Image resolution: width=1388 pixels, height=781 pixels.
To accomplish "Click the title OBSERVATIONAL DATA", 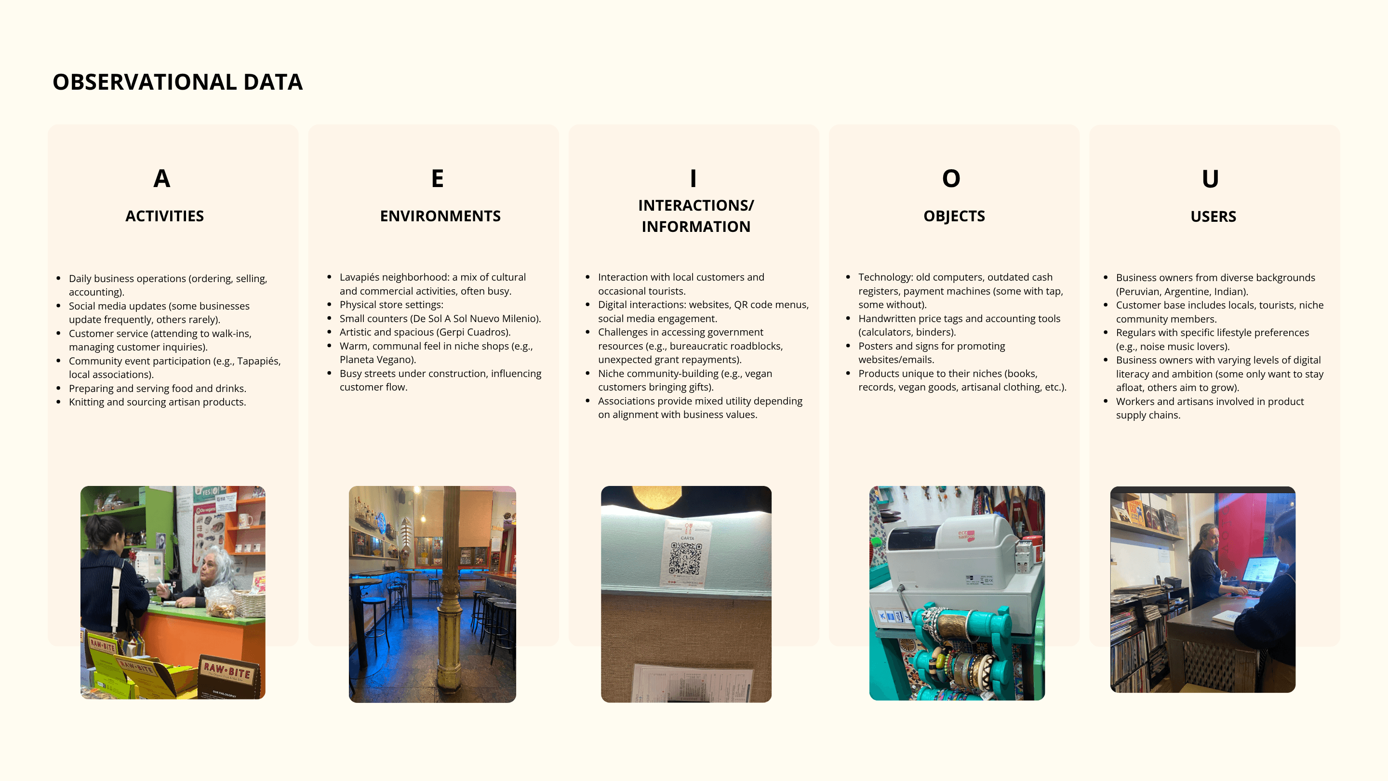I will coord(177,82).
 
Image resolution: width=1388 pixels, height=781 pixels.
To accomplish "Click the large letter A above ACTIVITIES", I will coord(161,178).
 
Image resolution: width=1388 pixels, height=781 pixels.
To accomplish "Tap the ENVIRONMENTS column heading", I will coord(440,216).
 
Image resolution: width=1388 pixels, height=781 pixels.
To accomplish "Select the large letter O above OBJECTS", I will coord(951,178).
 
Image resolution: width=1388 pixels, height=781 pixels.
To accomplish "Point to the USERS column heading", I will coord(1213,216).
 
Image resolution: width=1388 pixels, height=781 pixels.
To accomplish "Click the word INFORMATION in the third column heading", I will coord(695,227).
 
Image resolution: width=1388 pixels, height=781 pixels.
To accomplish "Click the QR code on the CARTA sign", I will coord(685,558).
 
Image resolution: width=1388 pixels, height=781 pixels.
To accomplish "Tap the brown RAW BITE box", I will coord(229,676).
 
